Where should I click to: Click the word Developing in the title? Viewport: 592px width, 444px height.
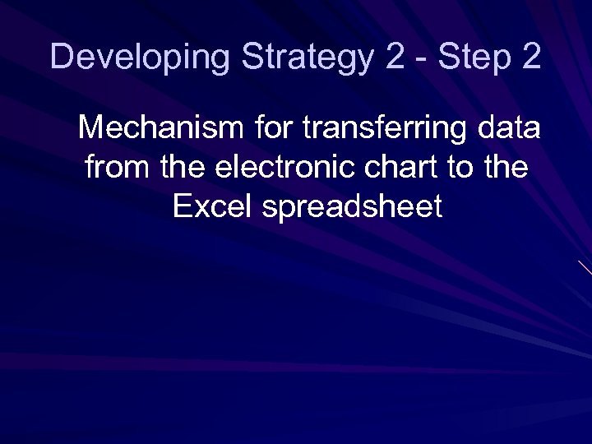[141, 58]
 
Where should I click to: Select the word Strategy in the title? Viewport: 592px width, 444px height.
[308, 58]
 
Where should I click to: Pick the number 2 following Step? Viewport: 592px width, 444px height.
[530, 58]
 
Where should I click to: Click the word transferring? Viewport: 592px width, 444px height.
[384, 130]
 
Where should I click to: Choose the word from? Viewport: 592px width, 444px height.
[118, 168]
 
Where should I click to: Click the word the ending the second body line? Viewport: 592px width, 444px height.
[508, 168]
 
